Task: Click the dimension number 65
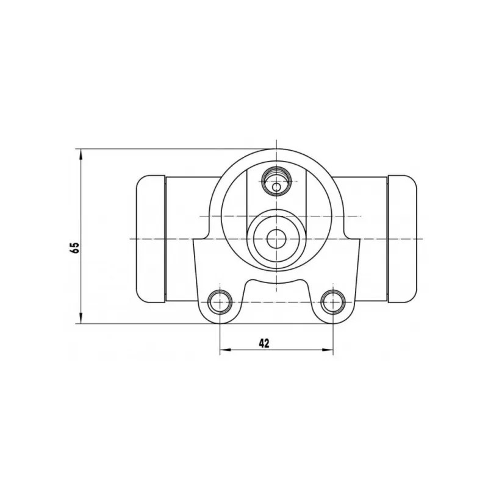75,247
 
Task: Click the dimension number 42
264,343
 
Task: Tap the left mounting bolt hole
220,302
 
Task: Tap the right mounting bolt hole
333,302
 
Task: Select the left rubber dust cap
151,239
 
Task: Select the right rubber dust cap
402,239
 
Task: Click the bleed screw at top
276,181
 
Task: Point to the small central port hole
276,239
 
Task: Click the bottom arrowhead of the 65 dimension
81,318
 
